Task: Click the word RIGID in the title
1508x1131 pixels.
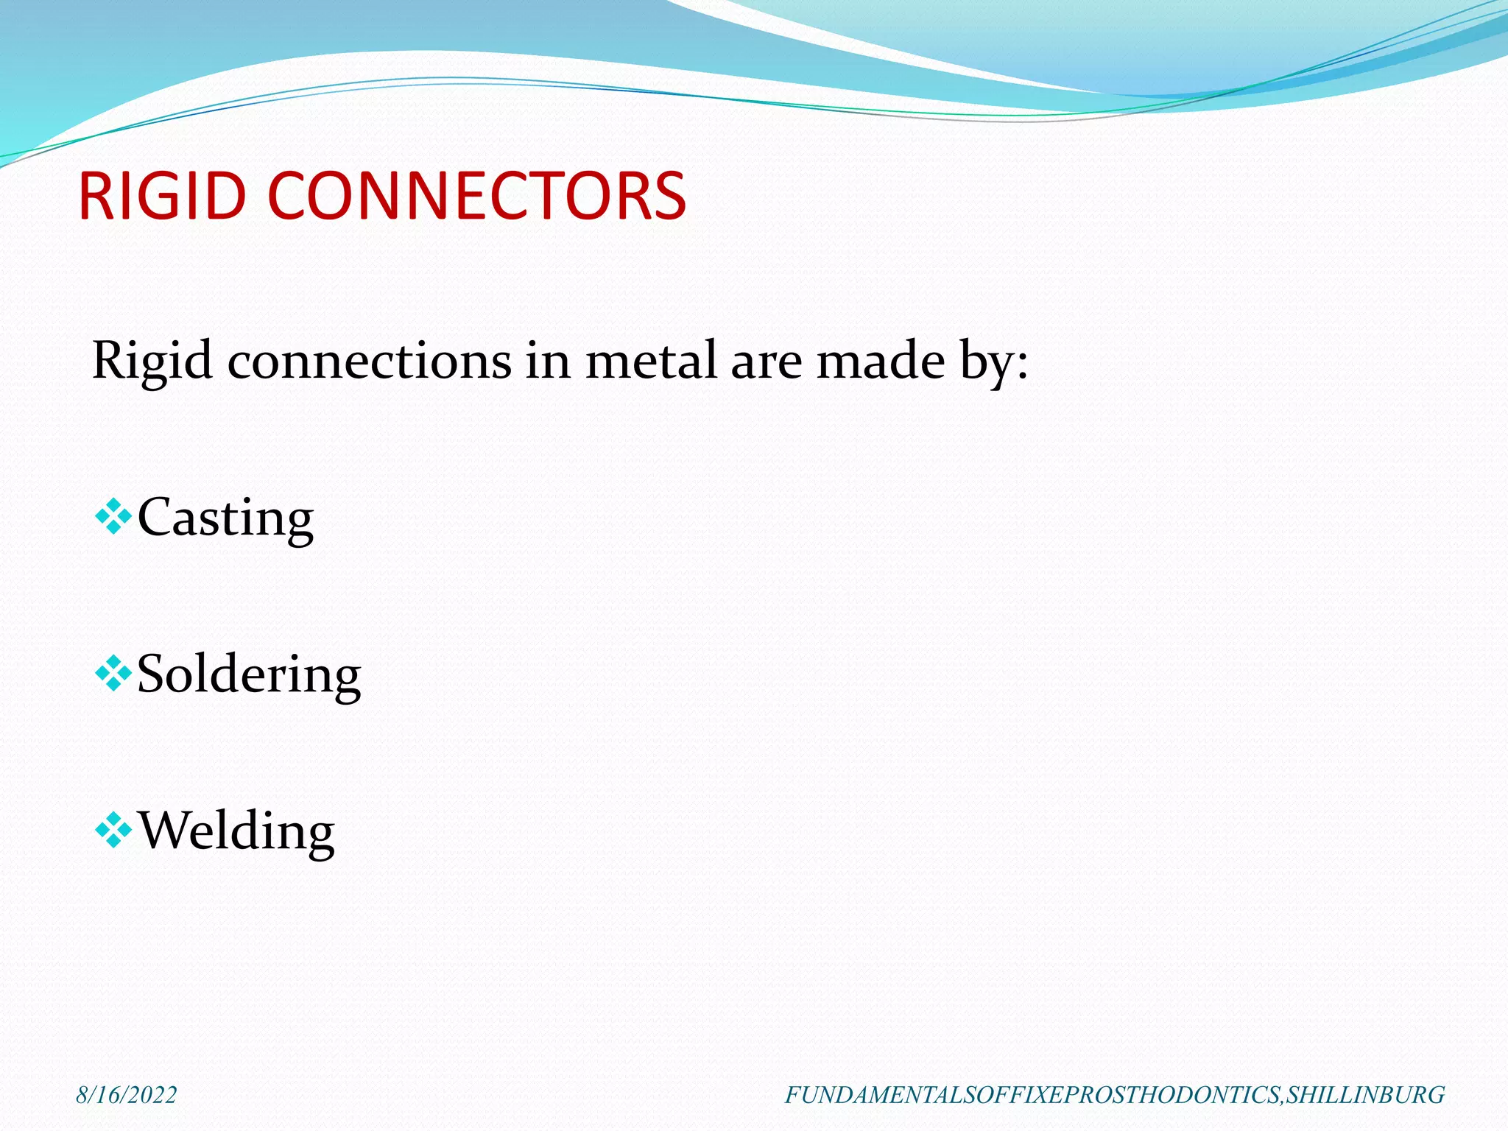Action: click(161, 196)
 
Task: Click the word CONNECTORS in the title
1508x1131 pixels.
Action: click(476, 196)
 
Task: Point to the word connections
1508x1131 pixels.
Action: click(369, 362)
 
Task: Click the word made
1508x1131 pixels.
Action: click(881, 362)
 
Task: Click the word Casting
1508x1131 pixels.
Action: click(225, 518)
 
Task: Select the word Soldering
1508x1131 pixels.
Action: click(249, 674)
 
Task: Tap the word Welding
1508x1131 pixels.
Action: click(236, 831)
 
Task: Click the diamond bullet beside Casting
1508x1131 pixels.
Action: click(113, 516)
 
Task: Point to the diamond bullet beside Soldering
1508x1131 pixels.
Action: click(113, 673)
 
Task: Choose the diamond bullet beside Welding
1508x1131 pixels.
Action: click(113, 831)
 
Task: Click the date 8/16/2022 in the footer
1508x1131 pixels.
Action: click(127, 1095)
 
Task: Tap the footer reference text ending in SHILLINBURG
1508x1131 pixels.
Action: click(1114, 1095)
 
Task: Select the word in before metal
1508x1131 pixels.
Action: click(548, 362)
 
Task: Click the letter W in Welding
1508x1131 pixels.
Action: click(163, 831)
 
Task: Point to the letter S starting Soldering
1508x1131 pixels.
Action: click(150, 674)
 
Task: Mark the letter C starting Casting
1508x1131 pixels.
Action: click(154, 517)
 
